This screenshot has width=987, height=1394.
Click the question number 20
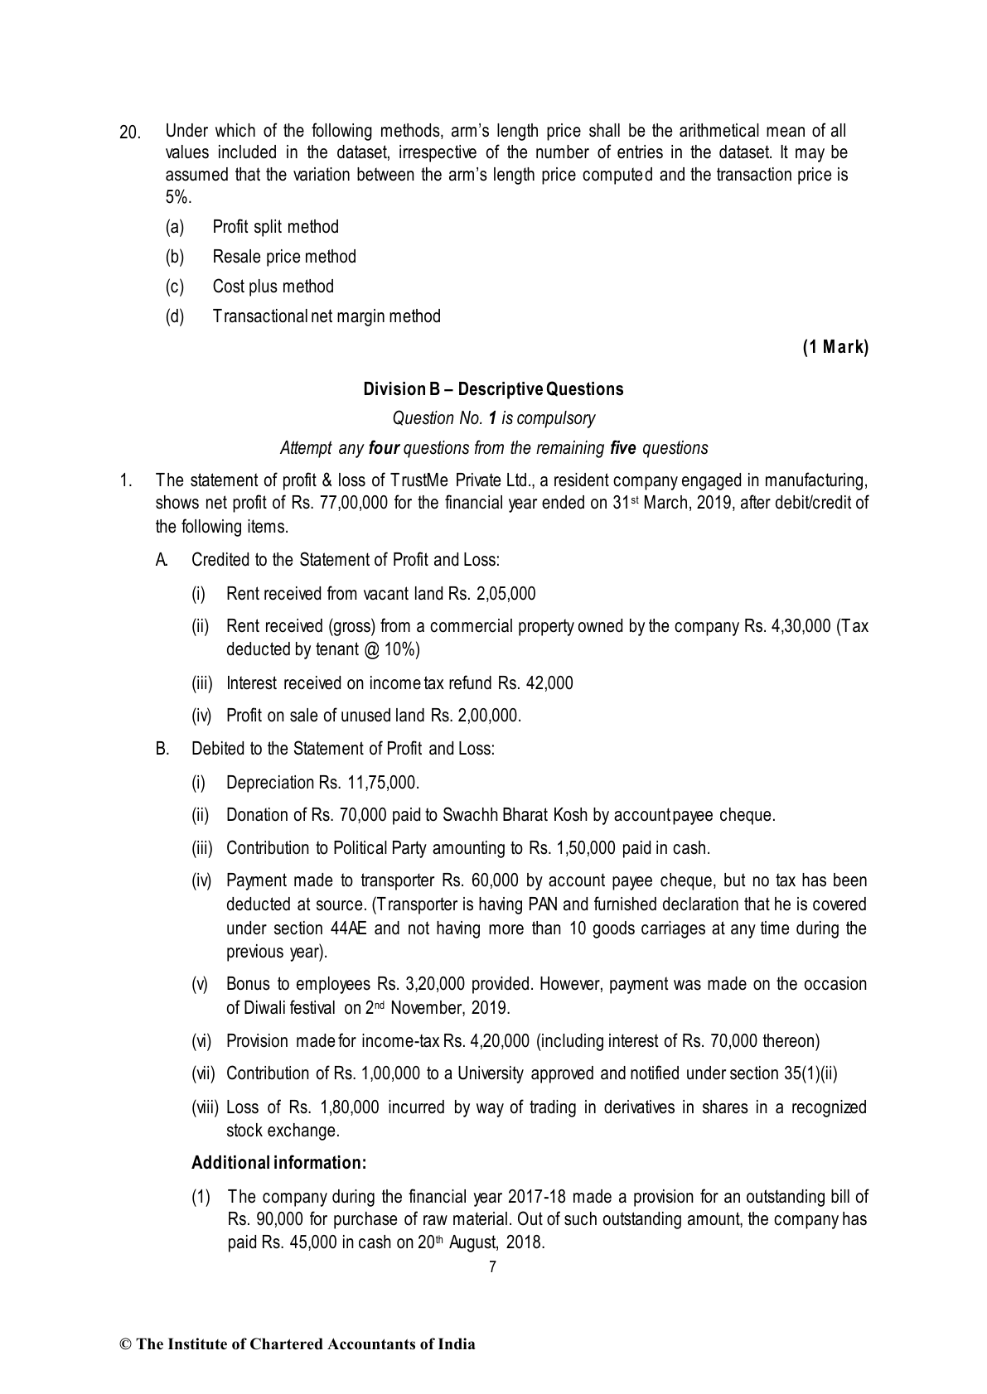click(130, 133)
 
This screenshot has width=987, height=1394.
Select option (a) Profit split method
click(275, 227)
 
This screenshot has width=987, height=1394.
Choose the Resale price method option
click(283, 257)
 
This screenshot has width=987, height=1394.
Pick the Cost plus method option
click(273, 287)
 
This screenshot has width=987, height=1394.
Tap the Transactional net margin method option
click(327, 316)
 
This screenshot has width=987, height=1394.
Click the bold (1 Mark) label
click(835, 348)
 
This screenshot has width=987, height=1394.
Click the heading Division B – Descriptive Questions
click(493, 389)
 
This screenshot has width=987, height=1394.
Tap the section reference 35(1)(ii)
click(810, 1073)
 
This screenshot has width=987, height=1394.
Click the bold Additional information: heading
click(278, 1163)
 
